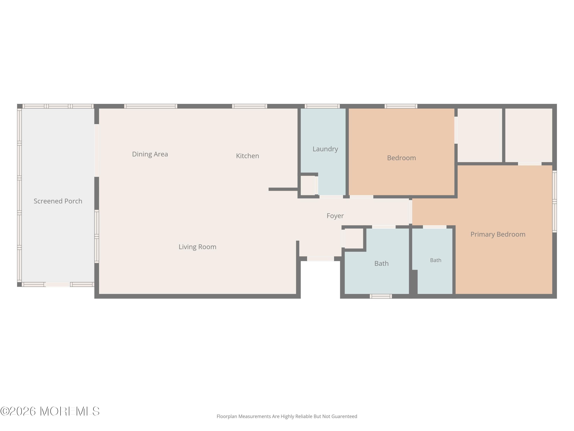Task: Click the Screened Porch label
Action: (58, 201)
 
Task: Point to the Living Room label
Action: (197, 247)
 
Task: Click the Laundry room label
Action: (325, 149)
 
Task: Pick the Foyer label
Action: (335, 216)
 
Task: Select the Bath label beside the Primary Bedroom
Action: (436, 260)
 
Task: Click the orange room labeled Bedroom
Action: (401, 152)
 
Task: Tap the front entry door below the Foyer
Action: (320, 259)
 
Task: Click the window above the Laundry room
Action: (322, 106)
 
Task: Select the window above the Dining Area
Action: (151, 106)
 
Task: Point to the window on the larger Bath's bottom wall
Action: (381, 296)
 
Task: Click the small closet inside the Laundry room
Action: (308, 185)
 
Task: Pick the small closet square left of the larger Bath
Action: (354, 238)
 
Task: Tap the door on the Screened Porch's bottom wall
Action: (58, 284)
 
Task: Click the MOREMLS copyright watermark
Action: (50, 411)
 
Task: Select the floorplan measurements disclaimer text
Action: (287, 416)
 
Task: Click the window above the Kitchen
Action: (249, 106)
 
